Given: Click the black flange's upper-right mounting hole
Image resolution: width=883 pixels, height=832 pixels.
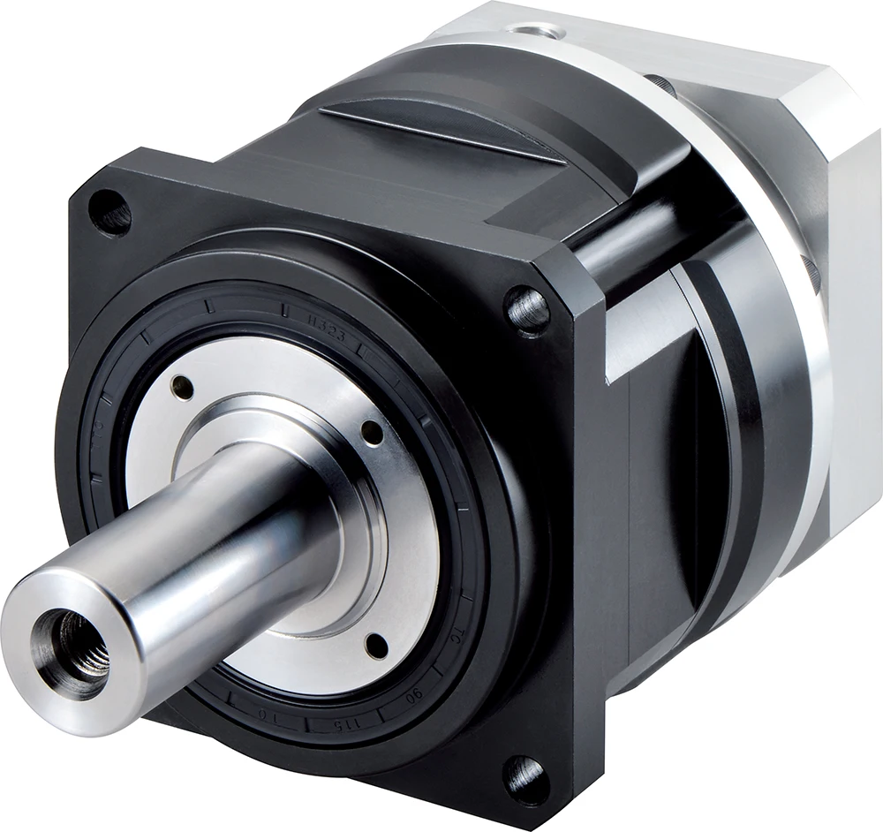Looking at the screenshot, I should [527, 309].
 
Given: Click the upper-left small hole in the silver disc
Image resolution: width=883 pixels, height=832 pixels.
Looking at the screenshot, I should [182, 386].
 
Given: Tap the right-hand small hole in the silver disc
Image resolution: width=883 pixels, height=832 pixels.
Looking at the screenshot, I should [373, 434].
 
